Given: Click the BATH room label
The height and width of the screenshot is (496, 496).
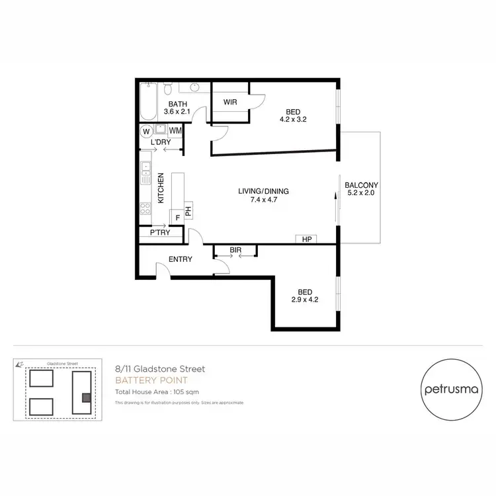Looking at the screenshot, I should point(179,104).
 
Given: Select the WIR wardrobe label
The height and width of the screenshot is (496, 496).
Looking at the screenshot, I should point(230,102).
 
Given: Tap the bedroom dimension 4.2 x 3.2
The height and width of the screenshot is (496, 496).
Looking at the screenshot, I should point(293,120).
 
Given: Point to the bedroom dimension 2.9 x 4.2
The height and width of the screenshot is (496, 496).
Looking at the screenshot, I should point(305,300).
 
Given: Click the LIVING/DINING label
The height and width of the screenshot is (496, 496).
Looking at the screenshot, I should point(264,192).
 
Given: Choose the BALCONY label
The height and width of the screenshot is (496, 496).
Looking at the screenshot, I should point(361,185).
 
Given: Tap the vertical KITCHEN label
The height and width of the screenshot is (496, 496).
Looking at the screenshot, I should point(160,188).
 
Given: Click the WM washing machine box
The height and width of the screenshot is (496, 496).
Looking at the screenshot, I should point(175,131).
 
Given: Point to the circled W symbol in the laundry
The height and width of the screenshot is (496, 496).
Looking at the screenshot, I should point(145,131).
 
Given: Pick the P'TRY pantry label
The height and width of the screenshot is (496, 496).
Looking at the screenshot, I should point(159,233).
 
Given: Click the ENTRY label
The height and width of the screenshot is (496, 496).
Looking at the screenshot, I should point(180,259).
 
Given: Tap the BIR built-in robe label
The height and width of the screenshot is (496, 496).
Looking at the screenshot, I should point(235,250).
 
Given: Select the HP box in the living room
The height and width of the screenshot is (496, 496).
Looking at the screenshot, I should point(307,239).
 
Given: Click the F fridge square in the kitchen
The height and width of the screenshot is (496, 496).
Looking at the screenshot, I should point(177,216).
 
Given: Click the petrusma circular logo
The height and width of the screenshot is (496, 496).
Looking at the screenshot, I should point(450,390).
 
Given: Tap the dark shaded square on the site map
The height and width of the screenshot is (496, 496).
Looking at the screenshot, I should point(85,397).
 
